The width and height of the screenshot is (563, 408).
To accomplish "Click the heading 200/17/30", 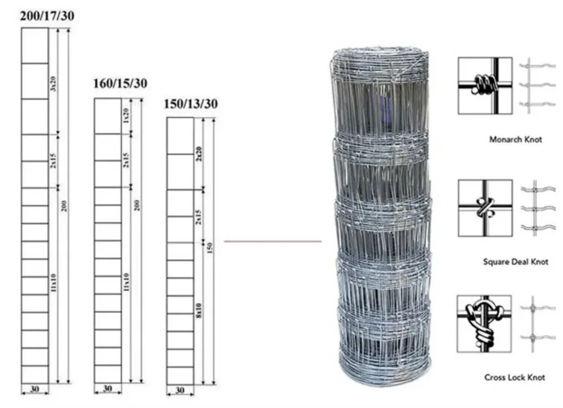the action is (47, 16).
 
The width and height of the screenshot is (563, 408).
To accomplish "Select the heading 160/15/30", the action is (120, 84).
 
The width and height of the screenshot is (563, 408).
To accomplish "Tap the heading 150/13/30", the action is (191, 104).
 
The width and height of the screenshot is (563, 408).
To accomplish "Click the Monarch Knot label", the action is (516, 139).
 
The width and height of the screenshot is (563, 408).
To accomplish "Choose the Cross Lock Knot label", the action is (515, 377).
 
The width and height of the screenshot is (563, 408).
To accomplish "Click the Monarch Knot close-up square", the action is (485, 86).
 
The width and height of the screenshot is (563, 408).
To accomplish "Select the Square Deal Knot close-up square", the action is (485, 208).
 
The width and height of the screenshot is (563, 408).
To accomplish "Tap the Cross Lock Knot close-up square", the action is (484, 323).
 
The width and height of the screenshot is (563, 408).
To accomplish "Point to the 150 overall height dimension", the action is (209, 248).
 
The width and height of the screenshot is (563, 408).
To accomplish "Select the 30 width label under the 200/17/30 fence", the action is (34, 389).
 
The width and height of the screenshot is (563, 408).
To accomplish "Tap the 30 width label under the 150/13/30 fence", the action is (180, 390).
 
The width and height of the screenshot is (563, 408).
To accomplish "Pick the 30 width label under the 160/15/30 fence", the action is (108, 388).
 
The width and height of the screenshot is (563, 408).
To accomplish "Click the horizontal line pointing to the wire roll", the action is (272, 241).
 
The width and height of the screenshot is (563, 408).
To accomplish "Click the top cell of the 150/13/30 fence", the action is (180, 135).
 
